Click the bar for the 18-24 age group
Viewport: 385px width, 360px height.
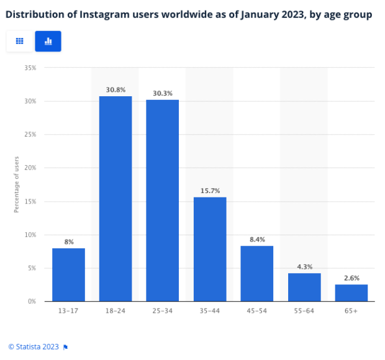click(115, 199)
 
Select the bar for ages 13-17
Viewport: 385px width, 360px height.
click(68, 274)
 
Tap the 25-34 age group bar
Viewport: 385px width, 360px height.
click(163, 200)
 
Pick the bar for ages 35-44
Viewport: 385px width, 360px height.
click(210, 249)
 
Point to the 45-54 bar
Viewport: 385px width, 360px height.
click(257, 273)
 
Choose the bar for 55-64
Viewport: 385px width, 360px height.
click(304, 287)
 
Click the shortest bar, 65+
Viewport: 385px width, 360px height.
click(351, 292)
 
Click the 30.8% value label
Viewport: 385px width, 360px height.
click(115, 90)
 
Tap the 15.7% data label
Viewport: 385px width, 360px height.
click(210, 191)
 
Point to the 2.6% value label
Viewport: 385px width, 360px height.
click(351, 278)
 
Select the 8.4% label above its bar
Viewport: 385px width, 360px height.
click(257, 240)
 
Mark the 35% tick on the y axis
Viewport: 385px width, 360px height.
click(30, 68)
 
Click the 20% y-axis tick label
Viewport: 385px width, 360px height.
click(30, 168)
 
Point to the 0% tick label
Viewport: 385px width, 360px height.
click(32, 302)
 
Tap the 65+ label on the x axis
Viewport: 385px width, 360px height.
click(351, 311)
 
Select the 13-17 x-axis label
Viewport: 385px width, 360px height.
click(68, 311)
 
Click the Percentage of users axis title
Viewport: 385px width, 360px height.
click(17, 184)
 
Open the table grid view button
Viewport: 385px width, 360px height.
click(19, 41)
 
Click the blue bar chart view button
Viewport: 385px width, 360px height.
click(48, 41)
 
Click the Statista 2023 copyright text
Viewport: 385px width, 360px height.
click(34, 346)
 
